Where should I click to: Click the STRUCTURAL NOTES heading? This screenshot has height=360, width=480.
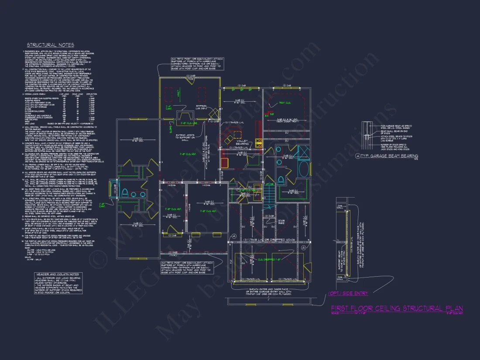50,45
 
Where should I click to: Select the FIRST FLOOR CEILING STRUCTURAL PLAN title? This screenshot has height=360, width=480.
397,309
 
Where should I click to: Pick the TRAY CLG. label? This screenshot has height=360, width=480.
285,103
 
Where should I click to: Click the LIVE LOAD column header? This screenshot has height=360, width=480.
64,93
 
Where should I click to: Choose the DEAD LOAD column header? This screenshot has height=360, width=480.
78,93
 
